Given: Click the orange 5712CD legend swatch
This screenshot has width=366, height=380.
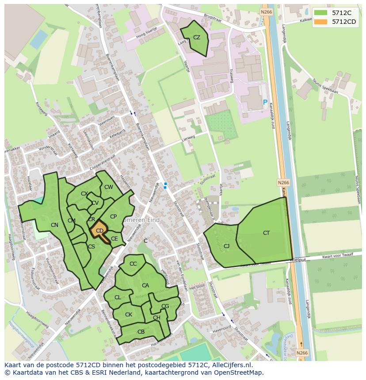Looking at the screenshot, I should (x=321, y=22).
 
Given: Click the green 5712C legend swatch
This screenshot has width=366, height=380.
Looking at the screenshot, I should (x=321, y=13).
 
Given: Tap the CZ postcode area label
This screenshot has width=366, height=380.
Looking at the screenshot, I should (x=197, y=38).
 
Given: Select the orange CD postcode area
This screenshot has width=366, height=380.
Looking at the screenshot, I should (x=100, y=230).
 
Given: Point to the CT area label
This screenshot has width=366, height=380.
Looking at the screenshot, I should (x=266, y=233).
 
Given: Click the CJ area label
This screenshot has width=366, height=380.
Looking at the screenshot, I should (x=227, y=246).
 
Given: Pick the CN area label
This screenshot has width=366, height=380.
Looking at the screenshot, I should (x=54, y=225).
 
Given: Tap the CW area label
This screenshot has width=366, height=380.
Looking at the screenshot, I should (x=109, y=187).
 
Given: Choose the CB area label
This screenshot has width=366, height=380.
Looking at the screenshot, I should (x=141, y=332).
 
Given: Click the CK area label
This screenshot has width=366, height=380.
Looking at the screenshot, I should (x=129, y=315).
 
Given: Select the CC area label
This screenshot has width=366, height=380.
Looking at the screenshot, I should (x=133, y=264).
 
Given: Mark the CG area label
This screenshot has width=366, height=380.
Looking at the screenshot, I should (x=165, y=306).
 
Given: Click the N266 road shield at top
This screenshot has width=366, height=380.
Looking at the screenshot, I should (x=266, y=12).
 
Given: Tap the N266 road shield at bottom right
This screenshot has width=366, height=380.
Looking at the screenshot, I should (x=301, y=353).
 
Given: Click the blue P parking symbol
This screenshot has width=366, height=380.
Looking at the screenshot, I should (x=265, y=102).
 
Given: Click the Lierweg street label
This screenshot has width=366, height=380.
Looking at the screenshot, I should (x=188, y=139).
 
